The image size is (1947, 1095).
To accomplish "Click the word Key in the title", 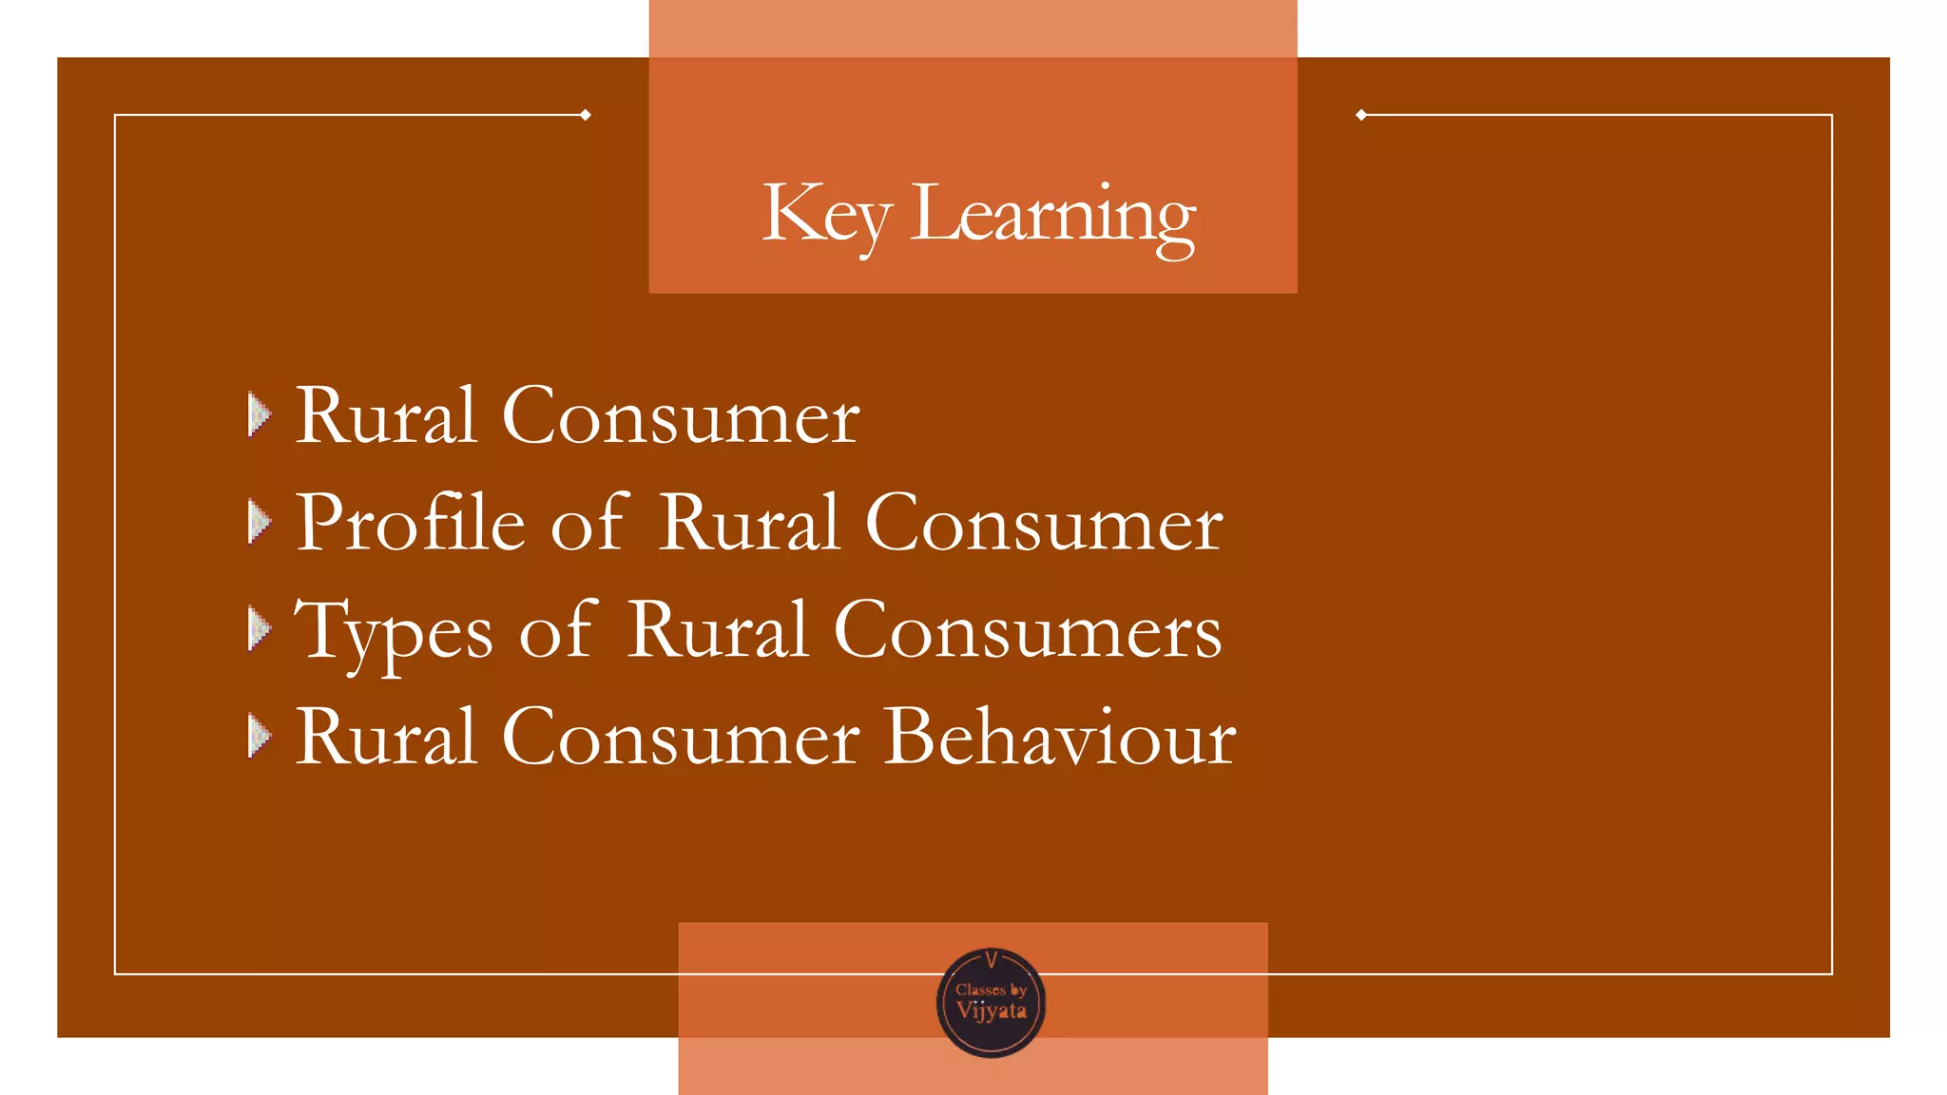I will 825,215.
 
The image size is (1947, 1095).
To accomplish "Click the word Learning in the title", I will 1052,215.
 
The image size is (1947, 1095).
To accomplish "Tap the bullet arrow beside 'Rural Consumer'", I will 259,415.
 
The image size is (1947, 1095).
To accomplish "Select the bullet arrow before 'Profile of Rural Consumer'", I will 259,522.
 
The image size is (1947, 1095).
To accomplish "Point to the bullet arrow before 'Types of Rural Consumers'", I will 259,629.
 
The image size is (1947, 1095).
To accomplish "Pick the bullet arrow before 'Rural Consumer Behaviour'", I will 259,737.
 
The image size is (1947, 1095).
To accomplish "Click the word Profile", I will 411,523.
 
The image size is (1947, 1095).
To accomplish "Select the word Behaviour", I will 1060,737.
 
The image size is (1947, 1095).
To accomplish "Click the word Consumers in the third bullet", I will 1028,631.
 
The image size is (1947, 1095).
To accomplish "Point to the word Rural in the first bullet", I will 386,416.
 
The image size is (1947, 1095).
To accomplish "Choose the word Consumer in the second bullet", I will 1044,524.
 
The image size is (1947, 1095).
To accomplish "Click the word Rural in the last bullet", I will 386,737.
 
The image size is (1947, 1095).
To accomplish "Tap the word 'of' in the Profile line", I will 589,523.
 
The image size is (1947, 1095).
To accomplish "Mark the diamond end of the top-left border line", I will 586,115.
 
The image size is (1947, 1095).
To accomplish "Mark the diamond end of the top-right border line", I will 1361,115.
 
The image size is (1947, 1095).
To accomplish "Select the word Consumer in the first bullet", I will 681,416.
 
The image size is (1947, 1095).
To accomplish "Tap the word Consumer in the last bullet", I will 681,737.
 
